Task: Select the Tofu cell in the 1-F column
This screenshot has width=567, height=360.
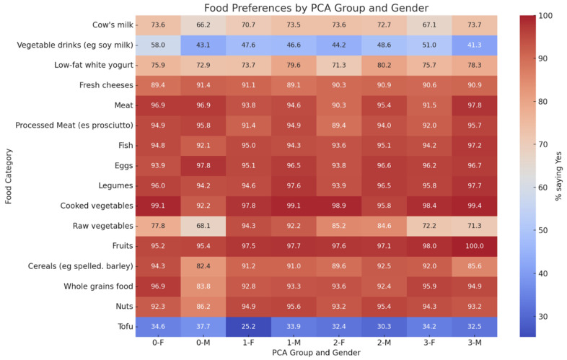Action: click(x=248, y=327)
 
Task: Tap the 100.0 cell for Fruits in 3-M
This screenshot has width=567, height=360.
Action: click(x=475, y=246)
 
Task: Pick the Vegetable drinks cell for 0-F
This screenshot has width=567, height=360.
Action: click(x=158, y=45)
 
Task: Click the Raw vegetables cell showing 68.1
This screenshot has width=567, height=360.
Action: click(x=203, y=226)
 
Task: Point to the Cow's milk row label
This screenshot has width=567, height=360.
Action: click(x=113, y=25)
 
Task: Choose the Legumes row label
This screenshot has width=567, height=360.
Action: click(x=115, y=185)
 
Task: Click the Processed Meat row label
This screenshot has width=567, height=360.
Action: click(x=74, y=126)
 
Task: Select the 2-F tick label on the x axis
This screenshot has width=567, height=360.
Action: click(x=339, y=342)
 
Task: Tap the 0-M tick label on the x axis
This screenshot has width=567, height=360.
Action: click(x=203, y=342)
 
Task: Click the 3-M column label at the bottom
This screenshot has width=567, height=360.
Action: click(x=475, y=342)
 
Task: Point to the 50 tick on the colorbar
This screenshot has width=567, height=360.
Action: click(x=542, y=230)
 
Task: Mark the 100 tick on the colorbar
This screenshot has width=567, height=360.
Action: click(x=545, y=16)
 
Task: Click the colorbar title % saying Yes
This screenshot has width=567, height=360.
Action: click(x=558, y=176)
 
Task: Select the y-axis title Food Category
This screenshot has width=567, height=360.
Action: click(x=9, y=176)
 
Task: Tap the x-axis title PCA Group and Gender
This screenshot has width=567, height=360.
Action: click(x=317, y=353)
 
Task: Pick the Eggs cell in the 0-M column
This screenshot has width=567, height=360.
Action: click(x=203, y=166)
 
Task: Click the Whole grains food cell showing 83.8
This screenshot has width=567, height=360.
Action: click(x=203, y=286)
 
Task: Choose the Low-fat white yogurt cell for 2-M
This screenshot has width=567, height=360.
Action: click(x=384, y=65)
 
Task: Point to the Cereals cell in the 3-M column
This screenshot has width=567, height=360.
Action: click(x=475, y=266)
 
